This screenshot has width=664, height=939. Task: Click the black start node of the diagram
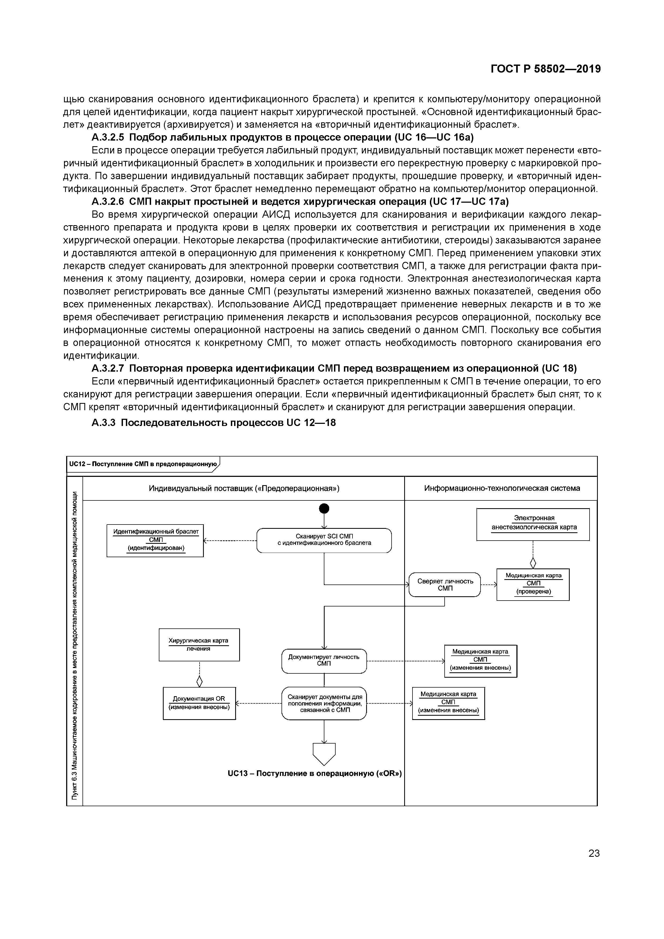coord(324,508)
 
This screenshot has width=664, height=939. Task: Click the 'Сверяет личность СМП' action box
coord(445,584)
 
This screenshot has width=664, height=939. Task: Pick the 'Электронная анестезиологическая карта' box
coord(533,524)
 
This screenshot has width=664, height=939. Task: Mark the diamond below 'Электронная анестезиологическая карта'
coord(533,563)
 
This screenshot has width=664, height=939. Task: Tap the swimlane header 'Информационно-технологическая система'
coord(502,488)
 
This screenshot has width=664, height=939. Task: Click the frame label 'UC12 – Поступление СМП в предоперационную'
coord(143,464)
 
